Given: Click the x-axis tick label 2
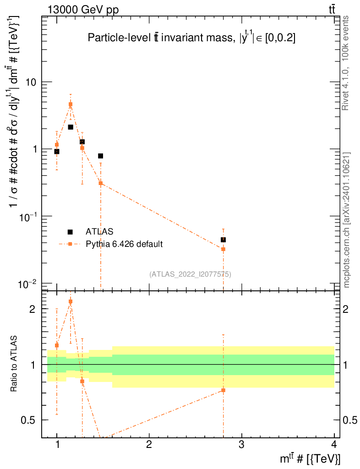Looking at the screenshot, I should [149, 444].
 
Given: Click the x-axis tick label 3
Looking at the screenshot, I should [241, 444].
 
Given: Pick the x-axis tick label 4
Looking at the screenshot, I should [333, 444].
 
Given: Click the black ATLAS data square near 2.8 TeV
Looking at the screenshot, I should [223, 240].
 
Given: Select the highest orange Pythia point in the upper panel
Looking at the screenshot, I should [71, 104].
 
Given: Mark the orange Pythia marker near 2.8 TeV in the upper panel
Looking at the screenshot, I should [223, 249].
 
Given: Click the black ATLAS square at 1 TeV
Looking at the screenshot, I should [57, 152].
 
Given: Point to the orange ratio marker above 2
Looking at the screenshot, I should [71, 301].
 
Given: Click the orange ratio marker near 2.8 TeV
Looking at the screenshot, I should [223, 390].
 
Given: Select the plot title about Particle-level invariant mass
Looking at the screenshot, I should [191, 39].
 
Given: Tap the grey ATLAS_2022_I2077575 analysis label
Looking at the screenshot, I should [190, 274].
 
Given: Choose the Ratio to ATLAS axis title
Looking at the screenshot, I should [14, 364].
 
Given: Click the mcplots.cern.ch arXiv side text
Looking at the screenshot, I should [347, 220].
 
